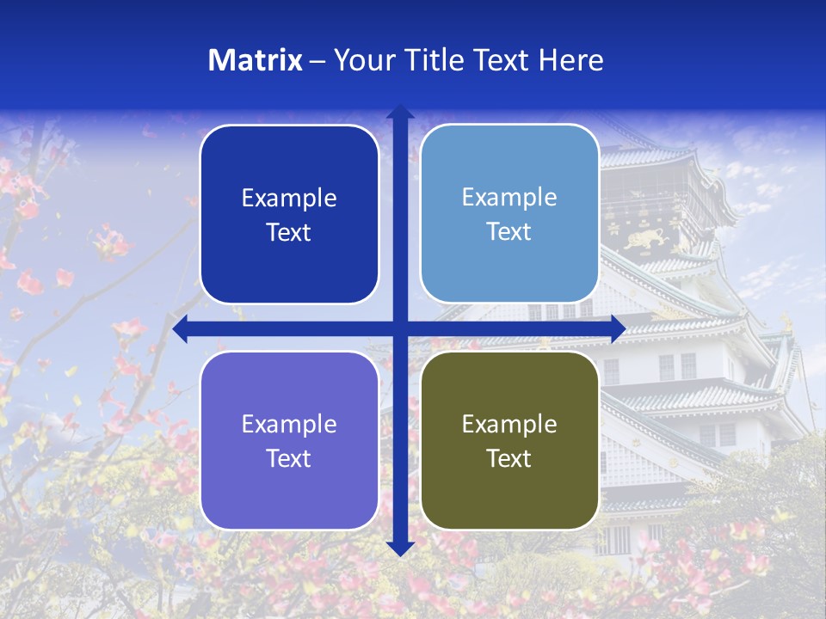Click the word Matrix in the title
point(256,60)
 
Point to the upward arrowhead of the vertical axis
point(400,112)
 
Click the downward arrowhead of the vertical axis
point(400,548)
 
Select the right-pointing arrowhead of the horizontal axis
point(618,329)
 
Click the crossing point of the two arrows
point(400,329)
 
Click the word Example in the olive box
point(509,424)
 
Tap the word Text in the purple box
point(289,458)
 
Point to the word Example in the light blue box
point(509,197)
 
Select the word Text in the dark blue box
point(289,232)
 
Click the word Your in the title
point(361,60)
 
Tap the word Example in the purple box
point(289,424)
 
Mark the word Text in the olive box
point(509,458)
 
